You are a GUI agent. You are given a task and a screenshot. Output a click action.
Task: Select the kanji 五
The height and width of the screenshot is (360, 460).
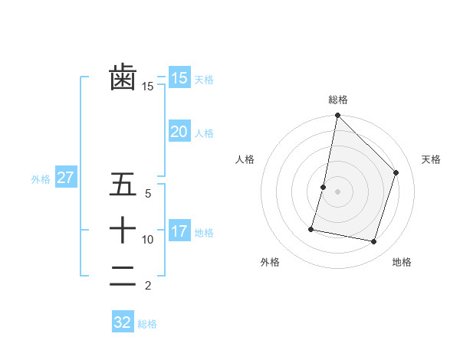(x=123, y=185)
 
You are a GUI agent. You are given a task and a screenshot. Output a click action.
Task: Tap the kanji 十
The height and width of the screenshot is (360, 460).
(x=123, y=229)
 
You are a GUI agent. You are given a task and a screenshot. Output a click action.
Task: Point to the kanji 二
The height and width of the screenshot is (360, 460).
(x=123, y=275)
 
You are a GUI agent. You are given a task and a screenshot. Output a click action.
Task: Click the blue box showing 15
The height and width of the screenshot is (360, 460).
(x=179, y=77)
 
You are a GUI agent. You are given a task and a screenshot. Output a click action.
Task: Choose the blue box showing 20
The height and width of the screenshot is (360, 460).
(x=179, y=132)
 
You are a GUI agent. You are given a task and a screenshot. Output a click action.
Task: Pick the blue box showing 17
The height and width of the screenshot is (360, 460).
(x=179, y=231)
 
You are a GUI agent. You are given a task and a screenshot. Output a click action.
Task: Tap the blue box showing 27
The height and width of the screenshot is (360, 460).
(x=66, y=178)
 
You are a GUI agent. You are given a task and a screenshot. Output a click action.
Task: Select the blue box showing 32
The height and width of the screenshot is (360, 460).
(x=123, y=322)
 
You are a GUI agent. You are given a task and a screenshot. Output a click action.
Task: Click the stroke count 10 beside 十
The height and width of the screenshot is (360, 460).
(x=147, y=240)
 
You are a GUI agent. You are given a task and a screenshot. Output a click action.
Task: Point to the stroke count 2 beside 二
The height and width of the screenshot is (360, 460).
(x=147, y=286)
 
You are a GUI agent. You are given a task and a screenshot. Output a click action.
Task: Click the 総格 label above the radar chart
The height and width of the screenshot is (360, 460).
(x=338, y=100)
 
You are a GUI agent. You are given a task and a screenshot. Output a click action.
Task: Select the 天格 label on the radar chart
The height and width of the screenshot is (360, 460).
(x=431, y=159)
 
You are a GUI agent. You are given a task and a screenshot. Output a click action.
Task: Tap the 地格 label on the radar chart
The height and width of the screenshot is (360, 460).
(x=402, y=263)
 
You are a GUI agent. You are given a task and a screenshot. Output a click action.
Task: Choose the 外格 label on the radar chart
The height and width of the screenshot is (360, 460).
(x=270, y=263)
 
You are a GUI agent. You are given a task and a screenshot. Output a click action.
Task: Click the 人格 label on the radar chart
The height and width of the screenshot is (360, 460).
(x=245, y=159)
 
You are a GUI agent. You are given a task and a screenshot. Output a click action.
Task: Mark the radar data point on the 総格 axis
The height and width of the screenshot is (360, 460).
(x=337, y=116)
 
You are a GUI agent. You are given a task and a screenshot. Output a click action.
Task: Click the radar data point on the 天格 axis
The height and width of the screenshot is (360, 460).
(x=396, y=172)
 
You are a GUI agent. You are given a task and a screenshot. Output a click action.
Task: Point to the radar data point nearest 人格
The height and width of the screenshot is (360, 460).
(x=324, y=187)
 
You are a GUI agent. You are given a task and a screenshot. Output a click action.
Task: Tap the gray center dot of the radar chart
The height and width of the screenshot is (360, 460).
(x=337, y=191)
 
